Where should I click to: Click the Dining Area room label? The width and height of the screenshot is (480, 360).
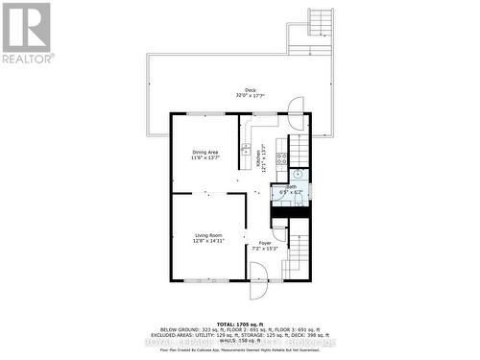(x=205, y=151)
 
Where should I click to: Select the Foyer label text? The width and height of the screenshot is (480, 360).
(x=264, y=243)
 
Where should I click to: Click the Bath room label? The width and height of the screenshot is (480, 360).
(x=291, y=188)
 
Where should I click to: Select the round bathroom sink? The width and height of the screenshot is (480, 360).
(x=298, y=175)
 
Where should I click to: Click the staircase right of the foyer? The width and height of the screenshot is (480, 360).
(x=299, y=253)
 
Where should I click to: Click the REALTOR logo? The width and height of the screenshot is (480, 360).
(x=26, y=33)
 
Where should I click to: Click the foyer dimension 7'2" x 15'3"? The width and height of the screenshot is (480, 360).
(x=264, y=249)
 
